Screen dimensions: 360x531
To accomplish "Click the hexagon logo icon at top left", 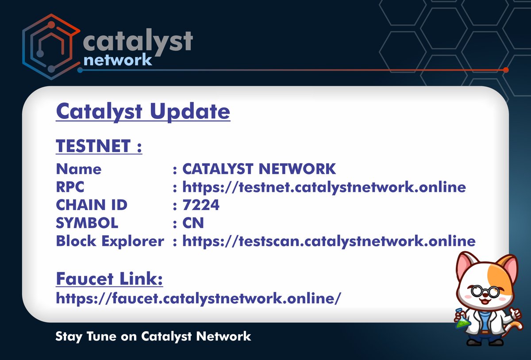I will pyautogui.click(x=50, y=46).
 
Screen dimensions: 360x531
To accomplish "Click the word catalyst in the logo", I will pyautogui.click(x=137, y=41).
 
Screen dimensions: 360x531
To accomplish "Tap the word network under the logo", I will pyautogui.click(x=117, y=60).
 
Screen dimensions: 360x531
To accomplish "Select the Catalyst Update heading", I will pyautogui.click(x=143, y=111).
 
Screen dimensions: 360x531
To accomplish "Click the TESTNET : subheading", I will pyautogui.click(x=99, y=146).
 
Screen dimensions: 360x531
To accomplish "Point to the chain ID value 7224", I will pyautogui.click(x=201, y=205).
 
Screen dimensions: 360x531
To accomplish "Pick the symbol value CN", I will pyautogui.click(x=193, y=223).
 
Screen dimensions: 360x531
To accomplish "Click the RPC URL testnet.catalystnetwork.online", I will pyautogui.click(x=324, y=187).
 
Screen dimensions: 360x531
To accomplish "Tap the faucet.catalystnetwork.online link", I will pyautogui.click(x=198, y=298).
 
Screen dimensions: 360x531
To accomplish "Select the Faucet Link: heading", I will pyautogui.click(x=109, y=279).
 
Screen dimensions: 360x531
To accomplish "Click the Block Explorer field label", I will pyautogui.click(x=110, y=241).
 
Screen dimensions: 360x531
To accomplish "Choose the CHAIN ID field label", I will pyautogui.click(x=92, y=205).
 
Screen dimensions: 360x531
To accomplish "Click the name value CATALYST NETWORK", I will pyautogui.click(x=259, y=169).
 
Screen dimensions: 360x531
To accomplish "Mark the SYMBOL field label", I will pyautogui.click(x=87, y=223).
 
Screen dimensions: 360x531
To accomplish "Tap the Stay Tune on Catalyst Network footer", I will pyautogui.click(x=153, y=336).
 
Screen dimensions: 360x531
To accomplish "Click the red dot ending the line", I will pyautogui.click(x=506, y=70).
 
